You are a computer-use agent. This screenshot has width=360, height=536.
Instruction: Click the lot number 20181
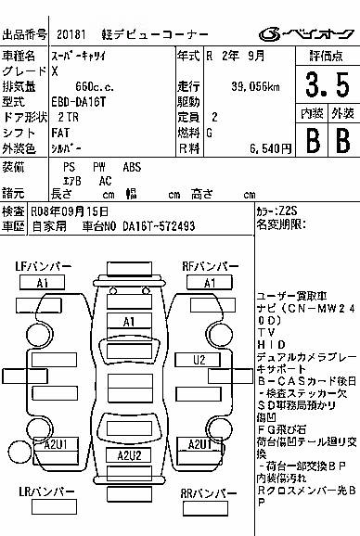pos(71,34)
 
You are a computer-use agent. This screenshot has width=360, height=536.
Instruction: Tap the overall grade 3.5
pos(328,84)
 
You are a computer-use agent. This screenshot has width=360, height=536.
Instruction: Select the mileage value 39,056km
pos(255,87)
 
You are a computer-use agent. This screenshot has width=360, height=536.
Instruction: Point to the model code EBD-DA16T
pos(79,102)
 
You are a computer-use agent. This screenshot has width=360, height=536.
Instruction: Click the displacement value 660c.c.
pos(95,87)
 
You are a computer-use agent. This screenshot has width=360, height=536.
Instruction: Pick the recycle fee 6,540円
pos(270,148)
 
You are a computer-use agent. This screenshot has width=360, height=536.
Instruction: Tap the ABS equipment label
pos(132,167)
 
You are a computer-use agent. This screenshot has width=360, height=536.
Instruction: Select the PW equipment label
pos(99,167)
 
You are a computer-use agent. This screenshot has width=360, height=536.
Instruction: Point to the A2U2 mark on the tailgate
pos(129,455)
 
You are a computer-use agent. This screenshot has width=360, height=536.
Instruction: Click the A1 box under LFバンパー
pos(42,283)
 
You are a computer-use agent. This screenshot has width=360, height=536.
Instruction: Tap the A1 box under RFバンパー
pos(210,283)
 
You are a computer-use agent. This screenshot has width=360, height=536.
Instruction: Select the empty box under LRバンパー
pos(55,506)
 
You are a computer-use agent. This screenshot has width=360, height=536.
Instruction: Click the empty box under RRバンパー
pos(205,508)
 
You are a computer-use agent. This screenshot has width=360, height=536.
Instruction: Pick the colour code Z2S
pos(288,211)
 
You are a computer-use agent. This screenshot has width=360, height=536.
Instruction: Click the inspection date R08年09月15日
pos(70,211)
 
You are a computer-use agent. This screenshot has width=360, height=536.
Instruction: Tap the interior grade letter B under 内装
pos(313,141)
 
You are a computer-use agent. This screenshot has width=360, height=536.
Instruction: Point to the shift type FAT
pos(60,133)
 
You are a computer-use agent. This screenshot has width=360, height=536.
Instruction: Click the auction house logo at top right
pos(306,34)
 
